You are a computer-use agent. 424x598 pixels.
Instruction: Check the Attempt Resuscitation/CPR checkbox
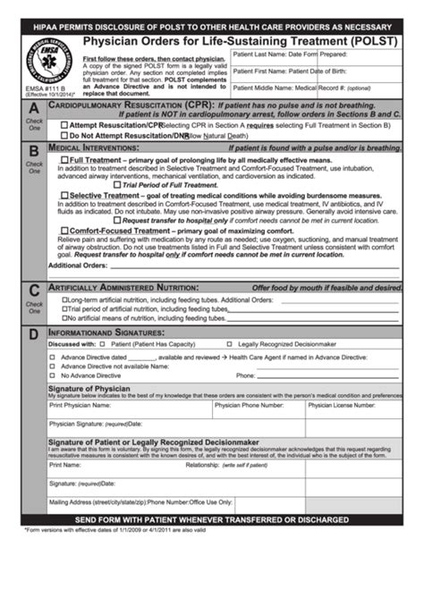(x=64, y=125)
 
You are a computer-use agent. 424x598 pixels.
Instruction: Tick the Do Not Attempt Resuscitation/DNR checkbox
(x=64, y=136)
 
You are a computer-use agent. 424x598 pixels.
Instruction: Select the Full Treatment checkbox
(x=64, y=160)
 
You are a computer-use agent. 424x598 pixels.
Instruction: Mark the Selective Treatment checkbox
(x=64, y=195)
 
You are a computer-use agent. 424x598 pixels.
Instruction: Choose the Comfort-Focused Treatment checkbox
(x=64, y=231)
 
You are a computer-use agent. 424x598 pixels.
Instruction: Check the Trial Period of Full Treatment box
(x=116, y=184)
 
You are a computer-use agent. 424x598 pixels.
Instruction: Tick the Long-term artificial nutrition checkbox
(x=64, y=300)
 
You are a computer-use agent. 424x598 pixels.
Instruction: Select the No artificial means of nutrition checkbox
(x=64, y=318)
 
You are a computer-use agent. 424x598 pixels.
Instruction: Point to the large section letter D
(x=33, y=335)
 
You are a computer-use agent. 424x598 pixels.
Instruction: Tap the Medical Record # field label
(x=331, y=88)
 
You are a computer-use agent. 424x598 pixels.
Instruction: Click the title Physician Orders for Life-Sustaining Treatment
(x=241, y=41)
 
